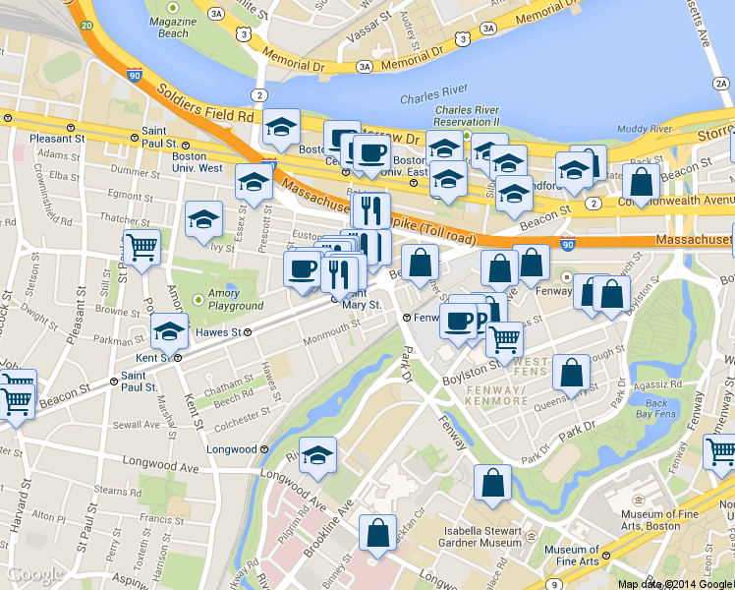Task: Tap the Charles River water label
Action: click(439, 98)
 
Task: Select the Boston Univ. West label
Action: click(197, 161)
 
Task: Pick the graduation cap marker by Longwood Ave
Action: click(317, 454)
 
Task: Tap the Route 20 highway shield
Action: click(87, 25)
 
